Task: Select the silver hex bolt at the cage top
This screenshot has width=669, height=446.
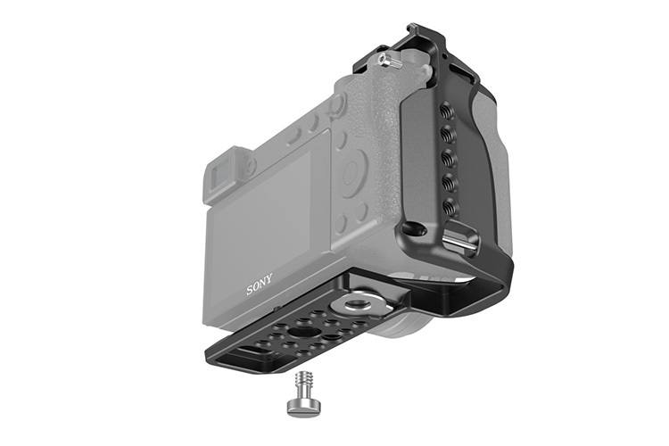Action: [x=389, y=61]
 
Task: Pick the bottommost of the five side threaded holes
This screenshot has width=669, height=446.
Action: [x=451, y=207]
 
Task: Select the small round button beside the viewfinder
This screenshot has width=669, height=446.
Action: [x=252, y=165]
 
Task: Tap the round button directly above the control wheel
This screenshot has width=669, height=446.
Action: [x=337, y=104]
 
